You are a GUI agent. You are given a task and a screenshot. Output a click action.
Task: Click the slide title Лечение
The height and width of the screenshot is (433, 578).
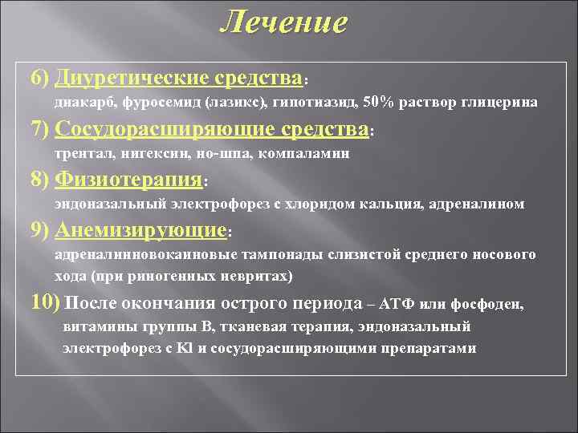284,22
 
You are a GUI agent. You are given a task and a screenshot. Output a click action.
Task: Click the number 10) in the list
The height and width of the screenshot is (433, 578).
44,303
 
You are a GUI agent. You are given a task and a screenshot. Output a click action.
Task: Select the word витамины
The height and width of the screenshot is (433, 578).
97,327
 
